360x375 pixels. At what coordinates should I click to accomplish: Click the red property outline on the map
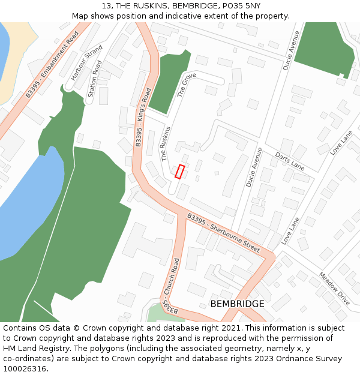coord(179,171)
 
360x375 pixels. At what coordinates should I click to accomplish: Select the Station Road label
coord(95,78)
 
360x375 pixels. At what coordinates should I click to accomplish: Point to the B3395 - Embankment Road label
coord(52,65)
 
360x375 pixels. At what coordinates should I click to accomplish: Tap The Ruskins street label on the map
coord(166,143)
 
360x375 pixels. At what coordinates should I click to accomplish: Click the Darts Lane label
coord(290,160)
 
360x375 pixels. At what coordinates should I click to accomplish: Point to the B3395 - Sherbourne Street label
coord(223,232)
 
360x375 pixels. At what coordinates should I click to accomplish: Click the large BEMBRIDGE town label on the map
coord(237,304)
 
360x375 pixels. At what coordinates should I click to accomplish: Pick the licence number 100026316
coord(26,369)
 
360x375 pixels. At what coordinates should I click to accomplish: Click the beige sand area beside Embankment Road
coord(15,66)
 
